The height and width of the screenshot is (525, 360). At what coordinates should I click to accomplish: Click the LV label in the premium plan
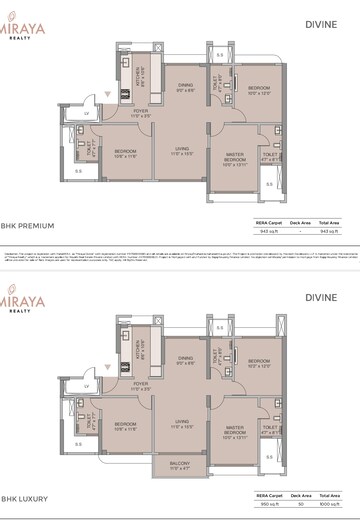click(88, 115)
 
